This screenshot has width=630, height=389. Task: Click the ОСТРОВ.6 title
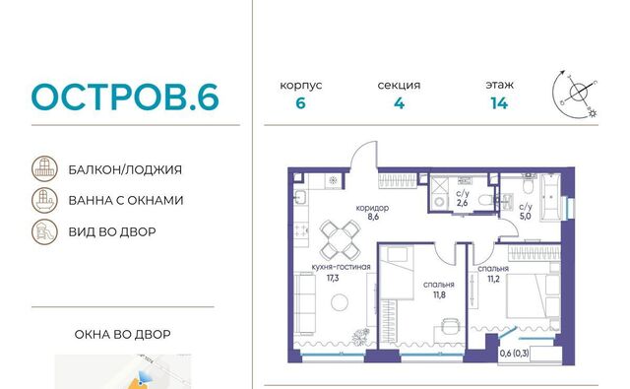coord(125,97)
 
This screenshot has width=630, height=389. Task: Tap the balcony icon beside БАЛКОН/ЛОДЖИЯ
coord(44,168)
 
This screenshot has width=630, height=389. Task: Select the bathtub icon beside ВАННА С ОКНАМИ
coord(44,200)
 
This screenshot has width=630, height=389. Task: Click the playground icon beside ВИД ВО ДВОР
coord(44,231)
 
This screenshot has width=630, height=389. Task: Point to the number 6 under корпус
coord(300,103)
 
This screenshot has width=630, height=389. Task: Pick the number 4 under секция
coord(399,103)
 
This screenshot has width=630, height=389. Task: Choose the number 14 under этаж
coord(499,103)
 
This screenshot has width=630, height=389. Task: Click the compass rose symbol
coord(575,95)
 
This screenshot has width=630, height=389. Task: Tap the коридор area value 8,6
coord(373,217)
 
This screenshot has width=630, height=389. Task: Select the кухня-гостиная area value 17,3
coord(333,278)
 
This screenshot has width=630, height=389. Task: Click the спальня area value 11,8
coord(439,295)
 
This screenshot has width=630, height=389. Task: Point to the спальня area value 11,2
coord(493,279)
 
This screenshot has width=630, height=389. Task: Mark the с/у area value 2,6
coord(462,203)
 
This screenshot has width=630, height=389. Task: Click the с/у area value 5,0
coord(525,217)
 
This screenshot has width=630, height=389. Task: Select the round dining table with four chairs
coord(341,240)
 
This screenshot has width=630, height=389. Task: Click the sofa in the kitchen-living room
coord(304,303)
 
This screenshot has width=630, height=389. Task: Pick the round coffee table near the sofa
coord(340,302)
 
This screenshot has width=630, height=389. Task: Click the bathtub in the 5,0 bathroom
coord(550,197)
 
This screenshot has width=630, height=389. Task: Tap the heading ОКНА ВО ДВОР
coord(122,335)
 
